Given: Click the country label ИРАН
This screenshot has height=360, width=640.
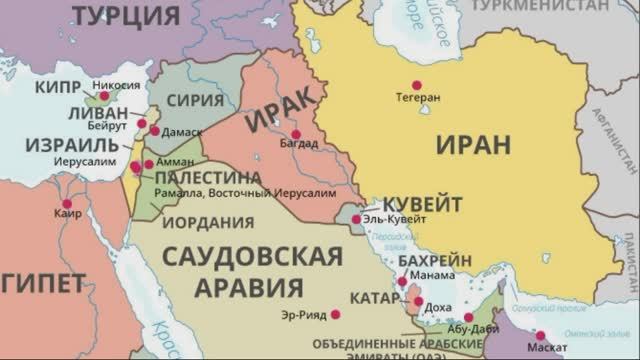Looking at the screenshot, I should click(473, 144).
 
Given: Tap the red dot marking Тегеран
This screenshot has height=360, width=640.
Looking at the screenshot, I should click(416, 85).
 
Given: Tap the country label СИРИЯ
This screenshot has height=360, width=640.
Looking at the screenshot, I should click(194, 100).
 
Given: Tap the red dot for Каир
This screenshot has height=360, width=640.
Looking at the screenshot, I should click(68, 204).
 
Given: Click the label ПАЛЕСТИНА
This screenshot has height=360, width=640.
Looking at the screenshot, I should click(208, 177).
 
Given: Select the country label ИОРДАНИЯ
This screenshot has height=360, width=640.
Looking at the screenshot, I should click(208, 222).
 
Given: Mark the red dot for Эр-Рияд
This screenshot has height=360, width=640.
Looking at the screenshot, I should click(335, 314).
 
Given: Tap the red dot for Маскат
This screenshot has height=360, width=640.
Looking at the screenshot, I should click(541, 336).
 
